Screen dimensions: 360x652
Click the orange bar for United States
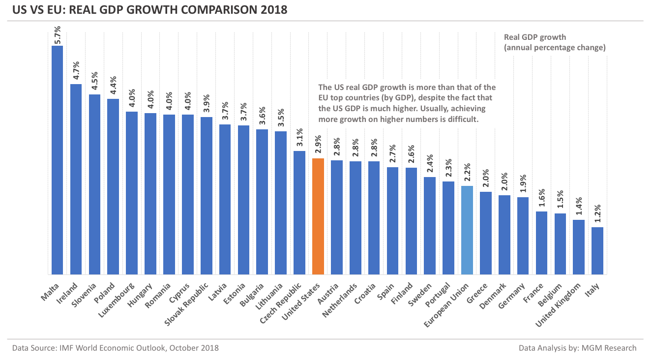point(318,216)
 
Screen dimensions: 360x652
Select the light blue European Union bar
point(467,230)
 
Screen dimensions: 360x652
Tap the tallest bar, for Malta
point(58,160)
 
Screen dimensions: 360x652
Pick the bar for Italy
point(597,251)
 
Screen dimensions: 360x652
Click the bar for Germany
point(523,236)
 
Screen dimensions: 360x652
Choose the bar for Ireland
point(76,179)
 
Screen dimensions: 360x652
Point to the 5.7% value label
point(58,35)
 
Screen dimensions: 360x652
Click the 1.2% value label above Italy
point(597,215)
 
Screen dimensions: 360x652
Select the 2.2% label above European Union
point(467,174)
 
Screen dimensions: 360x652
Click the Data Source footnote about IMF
point(116,348)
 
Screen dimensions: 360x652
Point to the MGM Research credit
point(577,348)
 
